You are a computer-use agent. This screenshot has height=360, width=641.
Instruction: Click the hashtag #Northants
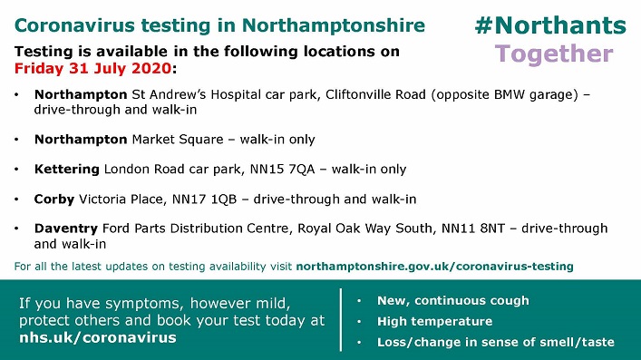[550, 25]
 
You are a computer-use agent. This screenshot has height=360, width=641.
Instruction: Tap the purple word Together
[554, 54]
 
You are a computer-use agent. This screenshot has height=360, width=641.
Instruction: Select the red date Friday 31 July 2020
[92, 68]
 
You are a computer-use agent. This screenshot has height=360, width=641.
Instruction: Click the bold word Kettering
[66, 170]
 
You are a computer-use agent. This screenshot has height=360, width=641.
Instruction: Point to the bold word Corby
[54, 199]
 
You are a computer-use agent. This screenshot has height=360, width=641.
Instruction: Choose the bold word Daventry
[66, 229]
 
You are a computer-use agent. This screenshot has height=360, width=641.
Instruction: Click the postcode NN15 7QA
[283, 169]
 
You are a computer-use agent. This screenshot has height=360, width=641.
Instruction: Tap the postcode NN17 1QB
[204, 199]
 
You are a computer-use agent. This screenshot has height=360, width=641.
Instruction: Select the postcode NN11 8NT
[473, 229]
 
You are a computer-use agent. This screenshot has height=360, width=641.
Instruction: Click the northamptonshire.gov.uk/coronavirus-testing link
[434, 267]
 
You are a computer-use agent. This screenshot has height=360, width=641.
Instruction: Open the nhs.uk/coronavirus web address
[98, 337]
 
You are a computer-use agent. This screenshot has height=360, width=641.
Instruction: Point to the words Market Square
[178, 140]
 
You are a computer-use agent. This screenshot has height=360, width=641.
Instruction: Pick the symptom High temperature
[434, 322]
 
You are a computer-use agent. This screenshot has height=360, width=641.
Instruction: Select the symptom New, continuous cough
[453, 301]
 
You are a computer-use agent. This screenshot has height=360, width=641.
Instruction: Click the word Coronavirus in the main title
[74, 25]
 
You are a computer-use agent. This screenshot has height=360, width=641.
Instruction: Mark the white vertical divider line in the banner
[341, 320]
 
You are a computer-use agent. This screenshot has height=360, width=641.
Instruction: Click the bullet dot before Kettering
[16, 170]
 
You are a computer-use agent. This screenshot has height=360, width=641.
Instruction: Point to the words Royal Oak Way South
[365, 229]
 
